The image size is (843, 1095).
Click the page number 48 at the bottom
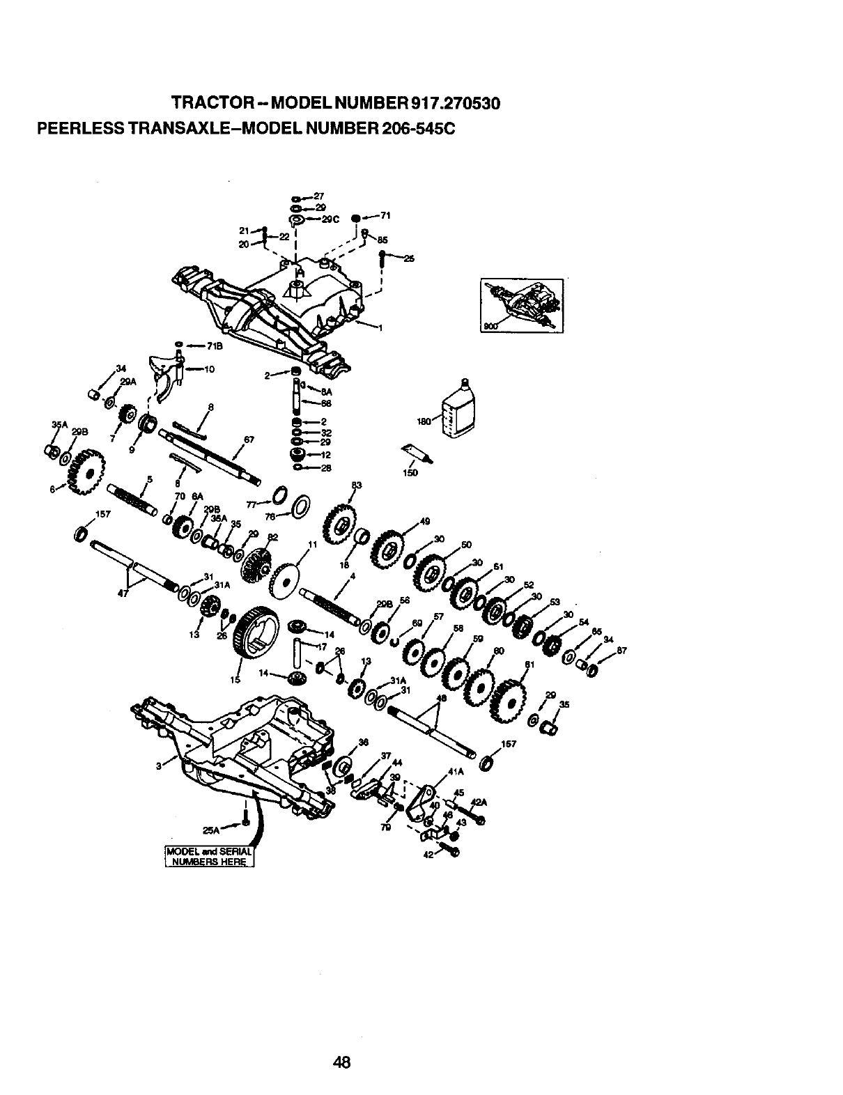(341, 1042)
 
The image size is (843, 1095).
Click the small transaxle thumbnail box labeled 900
(522, 306)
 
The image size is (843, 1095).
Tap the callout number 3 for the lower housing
(160, 767)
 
